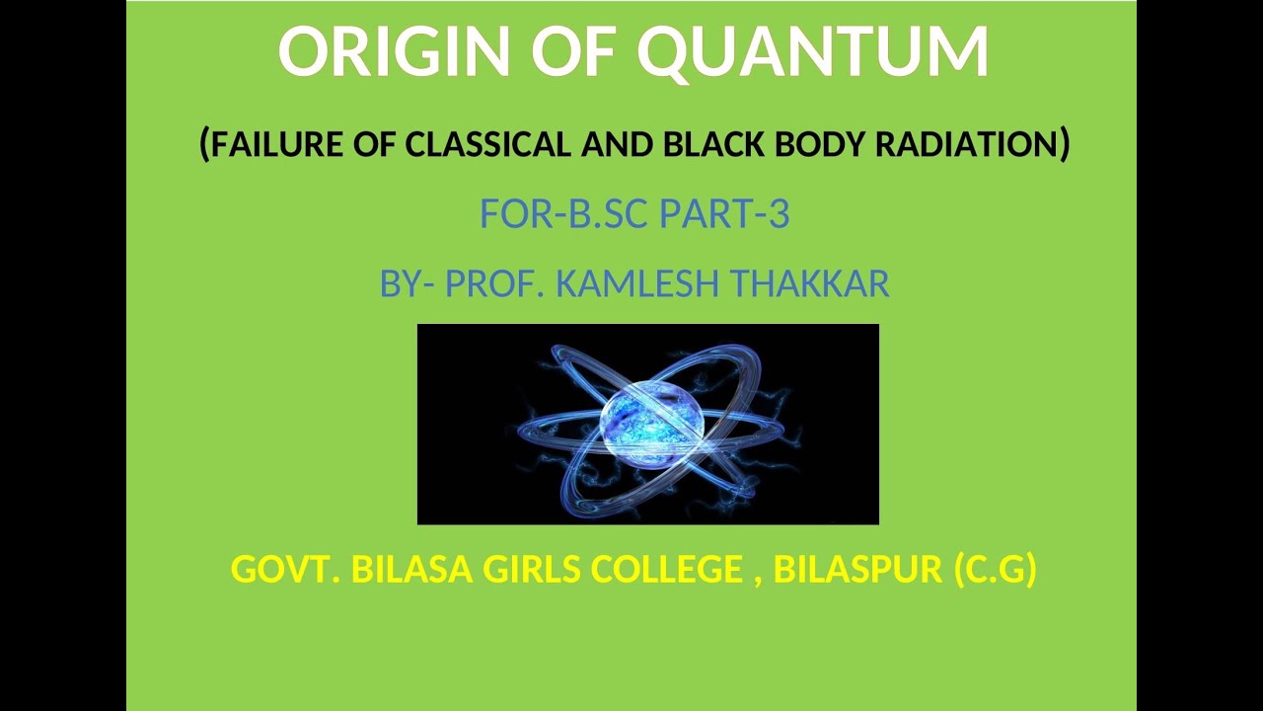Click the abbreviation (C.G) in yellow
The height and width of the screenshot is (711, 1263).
pos(996,570)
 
